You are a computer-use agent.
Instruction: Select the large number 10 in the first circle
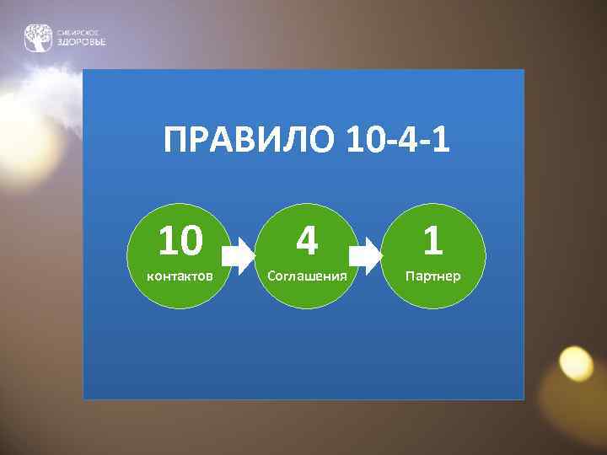pyautogui.click(x=180, y=242)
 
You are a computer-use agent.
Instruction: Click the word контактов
pyautogui.click(x=180, y=276)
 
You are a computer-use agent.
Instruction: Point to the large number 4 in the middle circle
pyautogui.click(x=307, y=242)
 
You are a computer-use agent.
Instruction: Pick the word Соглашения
pyautogui.click(x=307, y=276)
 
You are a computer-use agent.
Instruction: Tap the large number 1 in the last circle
pyautogui.click(x=432, y=242)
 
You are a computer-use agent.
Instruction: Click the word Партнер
pyautogui.click(x=432, y=276)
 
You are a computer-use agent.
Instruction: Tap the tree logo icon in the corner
pyautogui.click(x=37, y=38)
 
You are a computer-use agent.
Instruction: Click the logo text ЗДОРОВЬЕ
pyautogui.click(x=81, y=43)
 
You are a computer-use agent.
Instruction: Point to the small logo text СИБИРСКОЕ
pyautogui.click(x=77, y=32)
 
